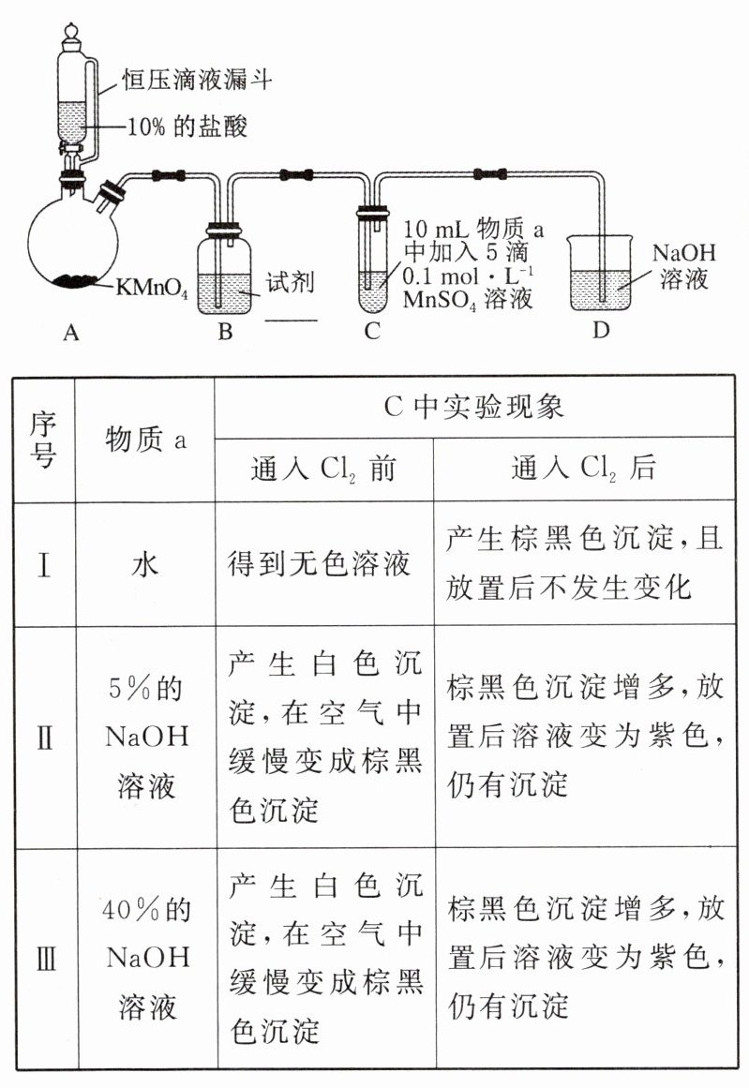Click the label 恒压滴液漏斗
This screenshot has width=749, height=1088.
(197, 81)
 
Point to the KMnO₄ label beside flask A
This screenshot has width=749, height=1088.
(153, 288)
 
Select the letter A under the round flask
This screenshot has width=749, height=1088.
(69, 331)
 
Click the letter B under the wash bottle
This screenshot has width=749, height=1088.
(225, 331)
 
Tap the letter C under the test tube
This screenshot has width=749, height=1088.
(372, 331)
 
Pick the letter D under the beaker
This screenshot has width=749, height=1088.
(600, 331)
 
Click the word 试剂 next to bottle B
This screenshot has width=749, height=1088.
(290, 282)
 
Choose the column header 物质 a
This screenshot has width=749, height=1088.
(145, 439)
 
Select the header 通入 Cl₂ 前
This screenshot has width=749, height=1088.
(323, 469)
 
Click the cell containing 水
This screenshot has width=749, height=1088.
(145, 565)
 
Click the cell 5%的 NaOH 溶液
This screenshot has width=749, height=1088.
(145, 738)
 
